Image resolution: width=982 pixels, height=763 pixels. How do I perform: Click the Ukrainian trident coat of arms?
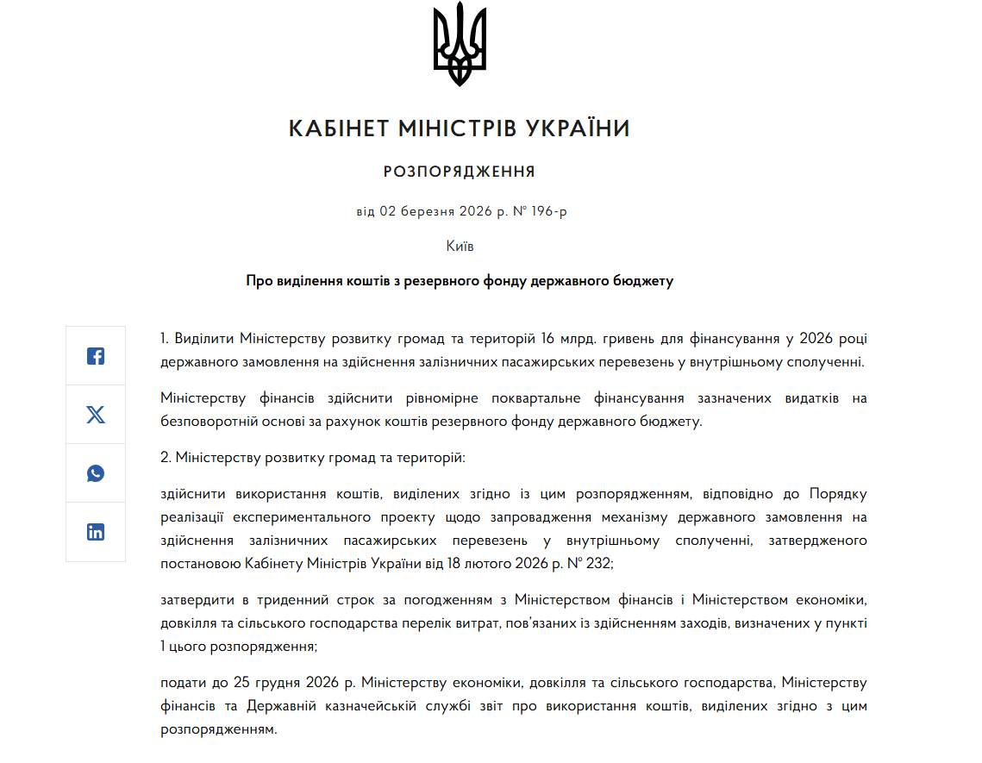[460, 44]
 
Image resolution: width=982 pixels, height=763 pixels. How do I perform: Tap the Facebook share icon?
[96, 356]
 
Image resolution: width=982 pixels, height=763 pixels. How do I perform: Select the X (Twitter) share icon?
[96, 415]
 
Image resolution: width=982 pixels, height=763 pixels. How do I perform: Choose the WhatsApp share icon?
[96, 473]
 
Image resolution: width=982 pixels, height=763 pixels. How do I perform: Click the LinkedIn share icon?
[96, 532]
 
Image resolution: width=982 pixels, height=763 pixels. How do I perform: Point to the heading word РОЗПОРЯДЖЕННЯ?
[460, 172]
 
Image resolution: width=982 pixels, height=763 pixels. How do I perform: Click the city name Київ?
[460, 246]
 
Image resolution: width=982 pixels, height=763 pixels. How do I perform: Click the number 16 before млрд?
[550, 337]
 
